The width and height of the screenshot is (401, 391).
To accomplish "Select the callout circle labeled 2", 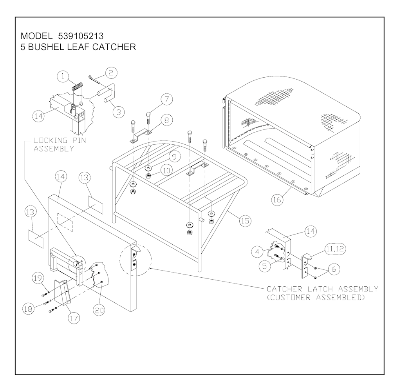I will click(111, 72).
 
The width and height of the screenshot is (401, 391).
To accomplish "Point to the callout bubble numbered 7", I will click(166, 100).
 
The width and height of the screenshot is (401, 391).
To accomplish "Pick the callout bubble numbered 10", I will click(167, 171).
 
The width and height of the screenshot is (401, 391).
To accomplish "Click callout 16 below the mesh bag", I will click(277, 200).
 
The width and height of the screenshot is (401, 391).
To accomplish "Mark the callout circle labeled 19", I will click(38, 279).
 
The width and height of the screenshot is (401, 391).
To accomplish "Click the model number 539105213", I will click(78, 36).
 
